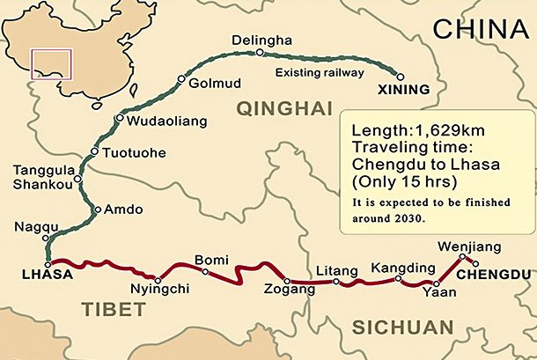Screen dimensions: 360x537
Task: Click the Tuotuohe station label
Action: pos(135,152)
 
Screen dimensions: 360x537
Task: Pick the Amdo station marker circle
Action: pos(95,209)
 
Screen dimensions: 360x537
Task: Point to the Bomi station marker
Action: pos(205,272)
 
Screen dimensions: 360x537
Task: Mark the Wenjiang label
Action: pos(460,246)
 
